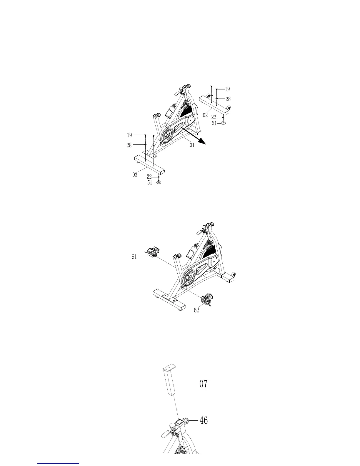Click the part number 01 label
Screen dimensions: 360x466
point(192,145)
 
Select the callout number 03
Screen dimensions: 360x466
point(135,175)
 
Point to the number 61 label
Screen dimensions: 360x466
point(134,257)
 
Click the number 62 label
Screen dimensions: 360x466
point(196,310)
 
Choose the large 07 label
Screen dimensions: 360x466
point(204,384)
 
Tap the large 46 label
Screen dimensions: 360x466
point(204,420)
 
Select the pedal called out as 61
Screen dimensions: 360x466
point(153,252)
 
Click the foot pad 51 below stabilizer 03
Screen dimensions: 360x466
point(159,182)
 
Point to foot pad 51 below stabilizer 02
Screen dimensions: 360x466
point(223,123)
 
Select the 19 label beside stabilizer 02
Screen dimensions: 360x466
point(227,89)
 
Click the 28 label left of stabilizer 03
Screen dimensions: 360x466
point(129,145)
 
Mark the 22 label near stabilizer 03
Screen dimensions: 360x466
point(149,177)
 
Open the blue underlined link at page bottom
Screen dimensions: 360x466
point(59,463)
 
